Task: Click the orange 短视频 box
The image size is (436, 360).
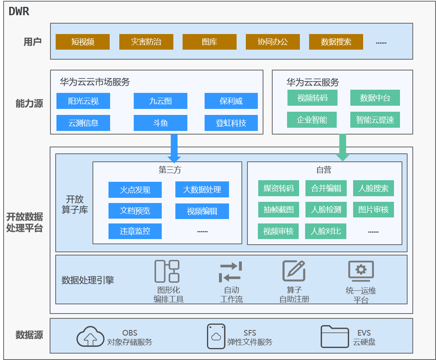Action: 82,42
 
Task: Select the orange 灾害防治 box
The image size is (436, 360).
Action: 146,42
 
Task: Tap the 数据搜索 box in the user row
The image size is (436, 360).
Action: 336,42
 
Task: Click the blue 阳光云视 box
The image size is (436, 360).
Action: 83,101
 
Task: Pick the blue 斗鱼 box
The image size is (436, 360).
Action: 161,123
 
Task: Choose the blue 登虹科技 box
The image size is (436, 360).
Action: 231,123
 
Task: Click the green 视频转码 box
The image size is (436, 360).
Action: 312,98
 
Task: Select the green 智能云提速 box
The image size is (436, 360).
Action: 375,120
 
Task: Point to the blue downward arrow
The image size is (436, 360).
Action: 174,148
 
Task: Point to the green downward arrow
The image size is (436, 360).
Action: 343,147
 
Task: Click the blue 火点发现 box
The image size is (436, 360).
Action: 135,190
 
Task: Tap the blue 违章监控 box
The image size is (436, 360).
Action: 135,231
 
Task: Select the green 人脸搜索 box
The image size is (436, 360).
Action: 374,188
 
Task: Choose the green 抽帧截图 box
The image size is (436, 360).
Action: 278,209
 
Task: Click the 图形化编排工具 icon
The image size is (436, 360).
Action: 167,271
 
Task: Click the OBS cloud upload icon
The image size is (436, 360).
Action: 90,336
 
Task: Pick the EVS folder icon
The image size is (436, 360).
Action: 335,336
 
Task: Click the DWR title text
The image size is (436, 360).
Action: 19,11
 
